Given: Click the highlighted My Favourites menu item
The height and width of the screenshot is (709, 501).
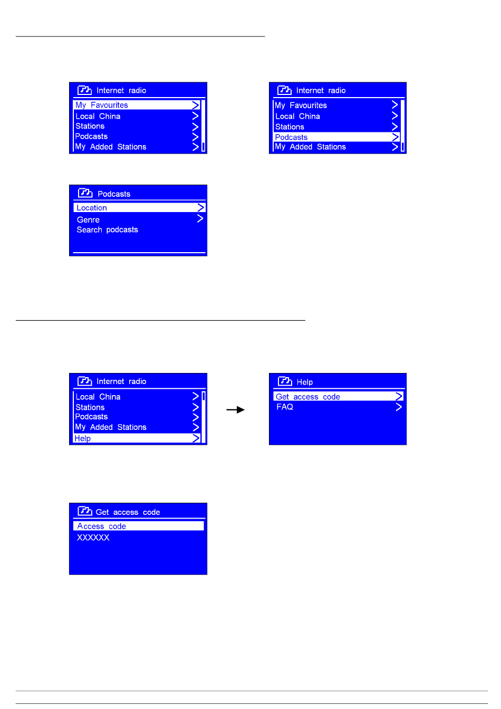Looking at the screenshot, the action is tap(137, 105).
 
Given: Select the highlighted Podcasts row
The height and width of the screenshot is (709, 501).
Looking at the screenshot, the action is tap(336, 137).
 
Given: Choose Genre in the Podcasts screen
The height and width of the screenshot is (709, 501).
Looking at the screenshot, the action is tap(88, 219).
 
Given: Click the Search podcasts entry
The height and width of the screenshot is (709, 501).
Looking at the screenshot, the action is tap(107, 230).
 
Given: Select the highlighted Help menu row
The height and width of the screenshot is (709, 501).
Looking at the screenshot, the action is tap(137, 438).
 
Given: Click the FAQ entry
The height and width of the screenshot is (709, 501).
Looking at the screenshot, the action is tap(285, 407).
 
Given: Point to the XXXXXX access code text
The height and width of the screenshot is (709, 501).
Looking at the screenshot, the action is tap(93, 538).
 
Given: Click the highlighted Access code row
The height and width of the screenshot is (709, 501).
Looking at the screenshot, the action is tap(138, 526).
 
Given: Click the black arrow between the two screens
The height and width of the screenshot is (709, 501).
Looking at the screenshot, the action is tap(235, 410).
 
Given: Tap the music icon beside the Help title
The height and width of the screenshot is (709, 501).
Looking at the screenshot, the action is tap(285, 381).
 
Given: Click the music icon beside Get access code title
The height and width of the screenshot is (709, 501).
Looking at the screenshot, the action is tap(85, 511).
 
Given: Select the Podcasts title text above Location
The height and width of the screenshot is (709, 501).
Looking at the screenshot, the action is tap(114, 194).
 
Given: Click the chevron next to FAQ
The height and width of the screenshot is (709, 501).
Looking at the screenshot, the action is tap(399, 407).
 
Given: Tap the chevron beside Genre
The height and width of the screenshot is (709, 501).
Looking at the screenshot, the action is tap(200, 218).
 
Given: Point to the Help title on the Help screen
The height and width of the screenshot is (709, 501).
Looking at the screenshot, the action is tap(304, 382).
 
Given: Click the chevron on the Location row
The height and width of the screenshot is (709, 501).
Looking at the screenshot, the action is tap(200, 208).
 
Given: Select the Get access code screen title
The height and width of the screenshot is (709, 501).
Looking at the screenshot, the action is tap(128, 512).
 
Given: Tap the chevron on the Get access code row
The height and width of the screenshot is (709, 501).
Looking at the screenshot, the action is tap(399, 397).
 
